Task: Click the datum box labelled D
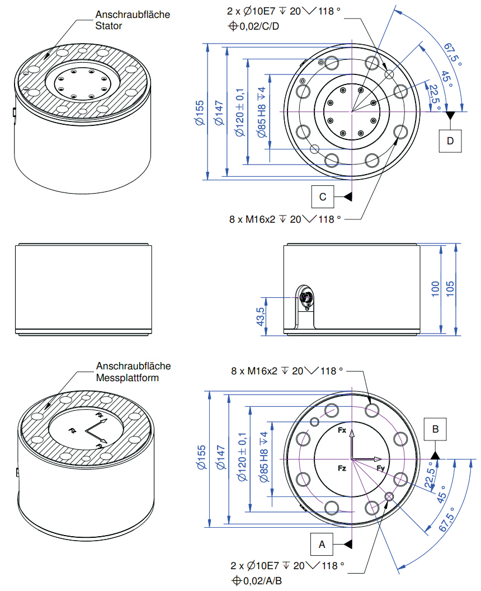tap(450, 141)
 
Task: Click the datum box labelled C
tap(322, 196)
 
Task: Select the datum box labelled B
tap(435, 429)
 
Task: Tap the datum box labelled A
tap(322, 544)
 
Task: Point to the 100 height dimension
tap(436, 289)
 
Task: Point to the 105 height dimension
tap(450, 289)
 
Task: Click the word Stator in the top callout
tap(109, 26)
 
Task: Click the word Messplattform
tap(128, 378)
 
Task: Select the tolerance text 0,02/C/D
tap(259, 26)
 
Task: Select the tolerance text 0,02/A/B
tap(262, 581)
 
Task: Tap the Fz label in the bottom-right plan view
tap(342, 468)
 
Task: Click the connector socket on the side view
tap(305, 298)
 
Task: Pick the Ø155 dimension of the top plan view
tap(200, 112)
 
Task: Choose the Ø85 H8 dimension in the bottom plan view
tap(263, 457)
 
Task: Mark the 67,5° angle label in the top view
tap(452, 54)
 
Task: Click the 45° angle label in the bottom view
tap(441, 494)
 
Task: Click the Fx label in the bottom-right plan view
tap(342, 430)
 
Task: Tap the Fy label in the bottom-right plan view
tap(381, 468)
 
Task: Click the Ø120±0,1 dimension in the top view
tap(239, 112)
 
